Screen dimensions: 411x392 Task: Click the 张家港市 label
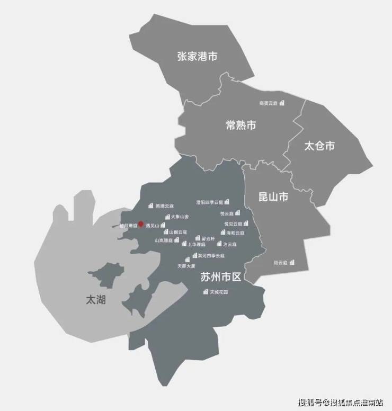click(x=197, y=57)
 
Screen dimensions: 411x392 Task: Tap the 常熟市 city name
click(x=240, y=125)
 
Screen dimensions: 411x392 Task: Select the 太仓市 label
click(x=319, y=146)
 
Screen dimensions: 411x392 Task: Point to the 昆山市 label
click(x=273, y=197)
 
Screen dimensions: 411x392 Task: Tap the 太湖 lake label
click(x=95, y=300)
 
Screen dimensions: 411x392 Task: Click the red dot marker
click(x=140, y=224)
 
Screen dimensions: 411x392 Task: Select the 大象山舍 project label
click(x=180, y=217)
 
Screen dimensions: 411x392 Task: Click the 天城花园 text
click(x=218, y=292)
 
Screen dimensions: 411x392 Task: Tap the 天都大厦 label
click(x=186, y=265)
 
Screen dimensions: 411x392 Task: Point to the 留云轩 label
click(x=208, y=238)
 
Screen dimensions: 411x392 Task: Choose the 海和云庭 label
click(x=234, y=233)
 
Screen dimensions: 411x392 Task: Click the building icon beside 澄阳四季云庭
click(x=226, y=202)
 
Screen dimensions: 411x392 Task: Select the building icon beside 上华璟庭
click(x=184, y=244)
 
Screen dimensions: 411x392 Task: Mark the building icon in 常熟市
click(x=282, y=103)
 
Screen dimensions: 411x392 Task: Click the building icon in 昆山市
click(x=291, y=262)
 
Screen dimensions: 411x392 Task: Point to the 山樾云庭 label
click(x=178, y=232)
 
